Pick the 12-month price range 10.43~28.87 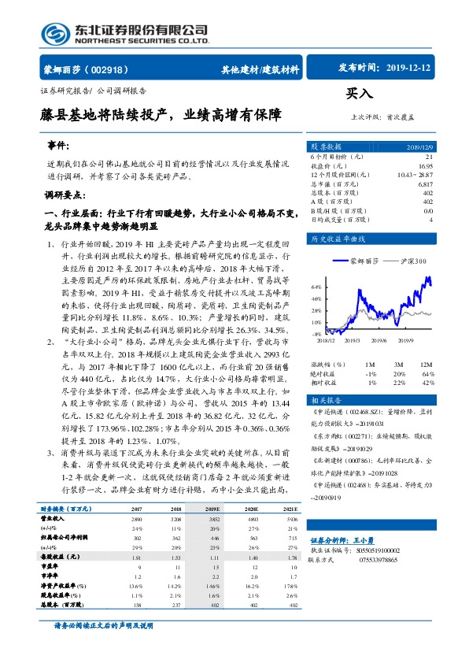click(x=417, y=175)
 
